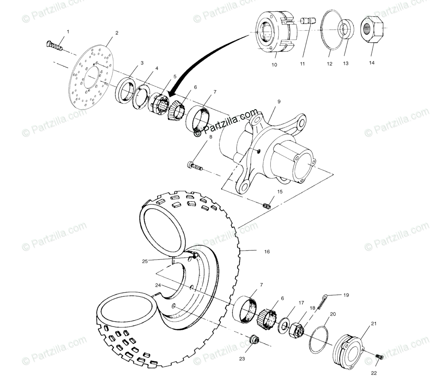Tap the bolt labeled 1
[x=54, y=47]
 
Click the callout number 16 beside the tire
[x=267, y=251]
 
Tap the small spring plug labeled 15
[x=267, y=205]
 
